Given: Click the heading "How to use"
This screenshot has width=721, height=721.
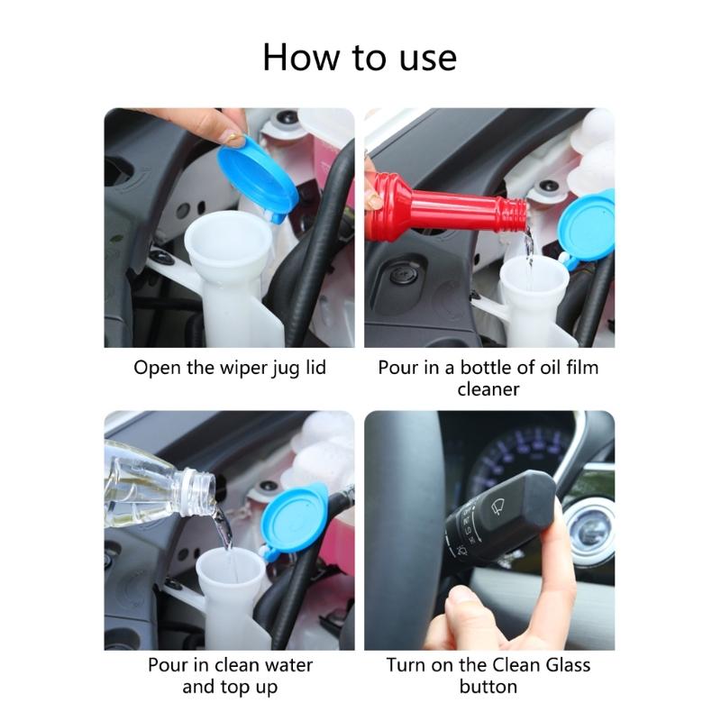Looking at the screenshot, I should pos(360,57).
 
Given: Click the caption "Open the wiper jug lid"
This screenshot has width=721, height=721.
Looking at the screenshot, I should pos(230,368).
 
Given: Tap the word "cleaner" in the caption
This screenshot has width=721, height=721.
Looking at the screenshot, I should pos(488,389).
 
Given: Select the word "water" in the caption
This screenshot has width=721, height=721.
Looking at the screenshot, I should pos(282,665).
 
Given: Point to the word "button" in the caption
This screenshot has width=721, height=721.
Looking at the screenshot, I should pos(488,687).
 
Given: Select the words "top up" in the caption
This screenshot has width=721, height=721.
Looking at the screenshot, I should pos(248,687).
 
